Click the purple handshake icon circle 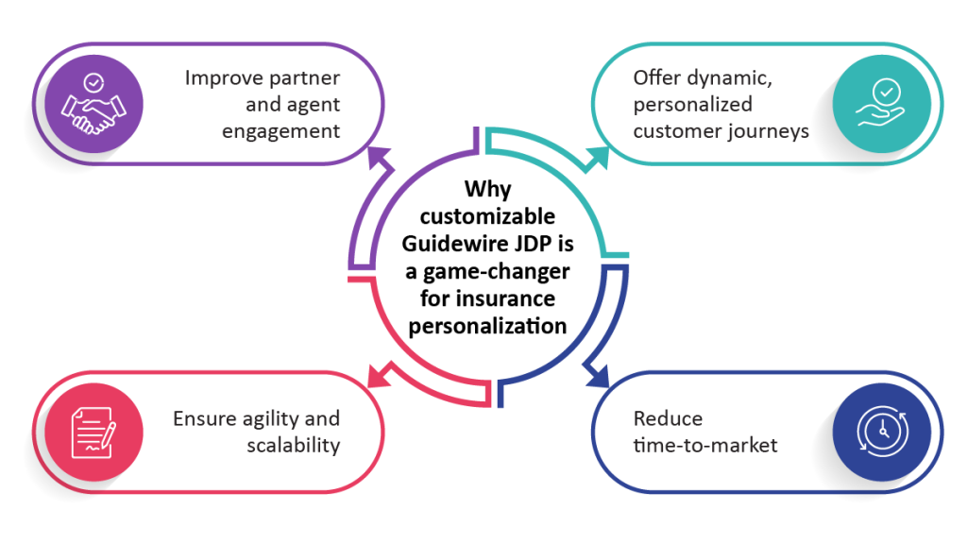click(x=93, y=104)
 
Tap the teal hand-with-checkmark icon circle click(x=882, y=104)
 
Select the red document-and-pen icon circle click(x=93, y=432)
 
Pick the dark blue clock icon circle click(x=882, y=432)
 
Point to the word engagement click(x=280, y=131)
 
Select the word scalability click(x=294, y=445)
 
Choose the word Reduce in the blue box click(x=668, y=418)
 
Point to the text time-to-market click(x=705, y=446)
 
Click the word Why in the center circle click(x=488, y=189)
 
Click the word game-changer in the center click(x=496, y=272)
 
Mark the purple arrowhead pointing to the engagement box click(x=378, y=157)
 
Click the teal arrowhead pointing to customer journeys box click(x=598, y=158)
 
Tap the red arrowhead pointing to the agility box click(x=379, y=376)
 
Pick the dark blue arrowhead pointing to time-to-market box click(x=598, y=376)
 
